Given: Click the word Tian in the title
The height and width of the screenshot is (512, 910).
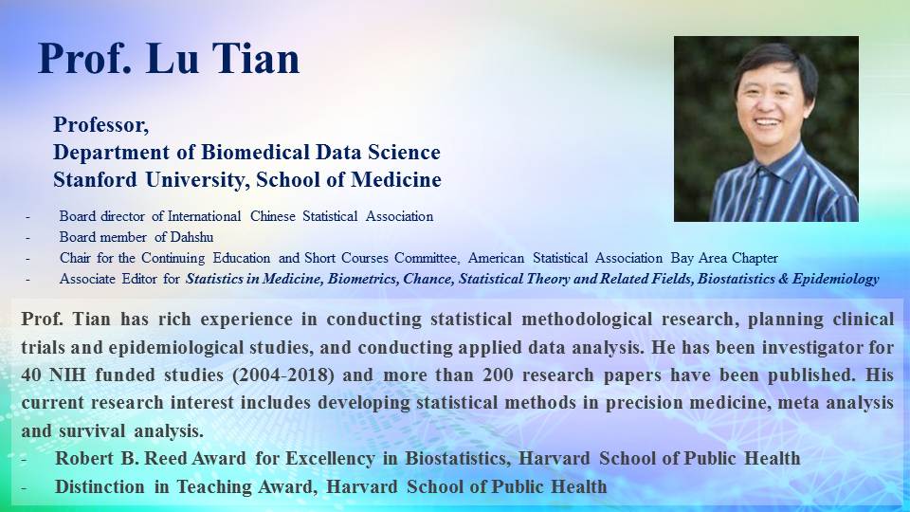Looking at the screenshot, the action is click(255, 58).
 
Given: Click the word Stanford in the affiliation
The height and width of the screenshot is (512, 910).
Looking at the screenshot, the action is click(95, 179).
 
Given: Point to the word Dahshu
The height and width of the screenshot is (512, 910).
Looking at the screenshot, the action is click(192, 237).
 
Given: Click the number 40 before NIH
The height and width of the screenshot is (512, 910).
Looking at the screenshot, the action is click(30, 375).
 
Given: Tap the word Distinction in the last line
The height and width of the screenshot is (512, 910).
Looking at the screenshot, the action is click(100, 486).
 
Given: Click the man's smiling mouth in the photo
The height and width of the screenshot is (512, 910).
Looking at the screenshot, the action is click(767, 122).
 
